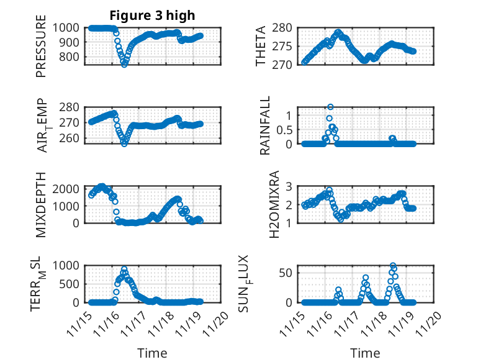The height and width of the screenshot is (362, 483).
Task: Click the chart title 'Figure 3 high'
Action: click(152, 15)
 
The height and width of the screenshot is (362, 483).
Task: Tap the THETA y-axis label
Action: click(261, 46)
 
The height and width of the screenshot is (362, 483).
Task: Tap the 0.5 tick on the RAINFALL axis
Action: click(284, 129)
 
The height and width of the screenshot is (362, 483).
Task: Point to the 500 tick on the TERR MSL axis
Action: click(71, 284)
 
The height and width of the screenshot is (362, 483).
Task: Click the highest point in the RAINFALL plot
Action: click(330, 107)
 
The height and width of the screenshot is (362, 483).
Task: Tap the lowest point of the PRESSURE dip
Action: click(124, 64)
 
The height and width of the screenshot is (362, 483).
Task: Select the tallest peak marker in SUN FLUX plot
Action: click(393, 265)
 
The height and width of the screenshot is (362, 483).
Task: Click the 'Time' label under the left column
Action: click(152, 353)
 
